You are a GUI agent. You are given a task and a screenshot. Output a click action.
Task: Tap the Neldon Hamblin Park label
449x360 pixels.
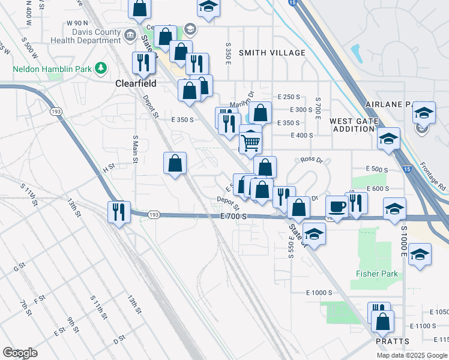coord(53,69)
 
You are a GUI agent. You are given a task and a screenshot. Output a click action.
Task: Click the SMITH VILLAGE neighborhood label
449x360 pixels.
coord(272,53)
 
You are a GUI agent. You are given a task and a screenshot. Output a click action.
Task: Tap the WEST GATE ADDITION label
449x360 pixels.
coord(354,125)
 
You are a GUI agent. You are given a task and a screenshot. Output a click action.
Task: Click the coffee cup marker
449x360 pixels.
coord(336,207)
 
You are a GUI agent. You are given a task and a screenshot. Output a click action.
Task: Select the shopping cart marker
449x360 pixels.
coord(250,143)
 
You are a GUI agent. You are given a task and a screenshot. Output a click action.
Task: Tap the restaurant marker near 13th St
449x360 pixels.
coord(118,211)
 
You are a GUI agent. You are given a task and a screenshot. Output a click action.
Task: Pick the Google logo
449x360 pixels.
coord(20,352)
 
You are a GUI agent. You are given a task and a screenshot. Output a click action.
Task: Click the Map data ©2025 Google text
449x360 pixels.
coord(412,355)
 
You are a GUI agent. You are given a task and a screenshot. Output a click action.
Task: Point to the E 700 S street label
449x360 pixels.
coord(233,215)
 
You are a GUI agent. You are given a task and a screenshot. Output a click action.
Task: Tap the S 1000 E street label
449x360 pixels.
coord(404,242)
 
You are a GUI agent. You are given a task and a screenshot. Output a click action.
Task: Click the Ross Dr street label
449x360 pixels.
coord(312,160)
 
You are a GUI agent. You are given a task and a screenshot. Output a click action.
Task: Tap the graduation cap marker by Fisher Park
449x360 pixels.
coord(420,254)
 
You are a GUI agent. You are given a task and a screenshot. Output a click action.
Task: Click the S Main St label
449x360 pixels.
coord(136,149)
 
